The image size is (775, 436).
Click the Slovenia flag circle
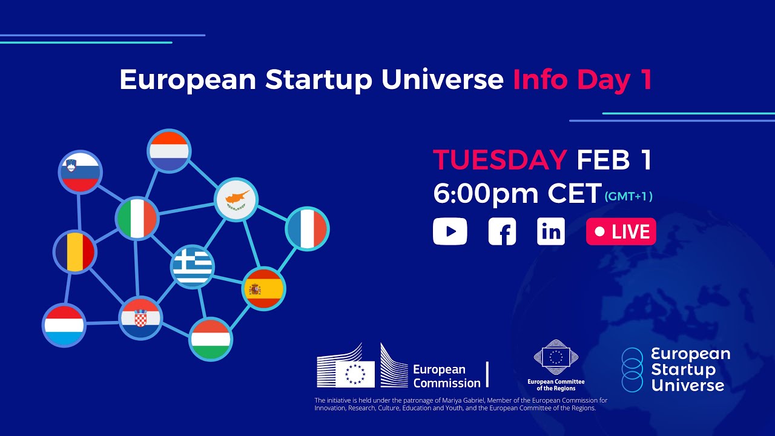(81, 172)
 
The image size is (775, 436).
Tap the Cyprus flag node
(237, 200)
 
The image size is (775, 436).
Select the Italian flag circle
(137, 218)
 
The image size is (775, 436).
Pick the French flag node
(307, 229)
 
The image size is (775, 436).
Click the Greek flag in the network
(193, 266)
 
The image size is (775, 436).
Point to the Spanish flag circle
(263, 289)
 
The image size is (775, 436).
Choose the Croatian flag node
(140, 318)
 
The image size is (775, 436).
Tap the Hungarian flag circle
(211, 339)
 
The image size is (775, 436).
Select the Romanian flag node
(74, 252)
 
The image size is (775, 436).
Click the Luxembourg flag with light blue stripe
(64, 325)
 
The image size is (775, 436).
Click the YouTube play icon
(450, 232)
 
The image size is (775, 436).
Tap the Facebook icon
(503, 232)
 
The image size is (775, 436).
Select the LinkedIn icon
(551, 232)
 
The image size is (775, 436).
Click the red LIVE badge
(621, 232)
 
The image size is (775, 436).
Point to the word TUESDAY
(500, 160)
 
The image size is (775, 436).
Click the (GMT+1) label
(628, 196)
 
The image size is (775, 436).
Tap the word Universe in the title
(443, 80)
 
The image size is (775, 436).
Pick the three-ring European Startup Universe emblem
(632, 369)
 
